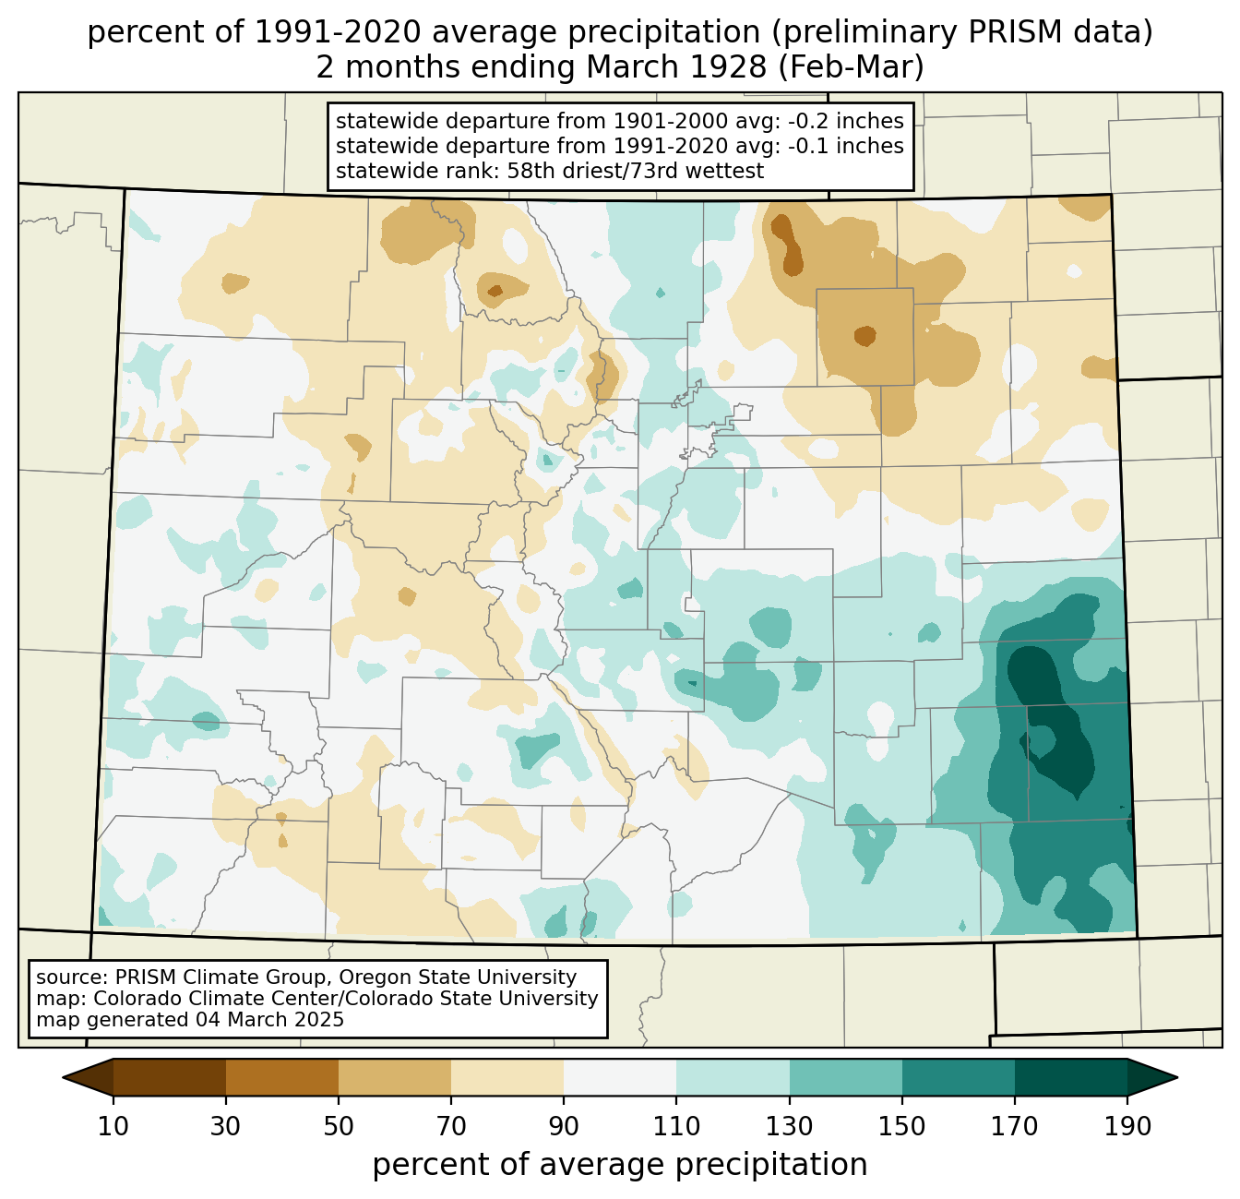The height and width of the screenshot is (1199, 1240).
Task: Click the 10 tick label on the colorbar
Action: point(113,1126)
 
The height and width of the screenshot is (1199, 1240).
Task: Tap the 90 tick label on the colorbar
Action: point(564,1126)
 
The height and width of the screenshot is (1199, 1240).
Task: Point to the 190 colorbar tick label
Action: point(1127,1126)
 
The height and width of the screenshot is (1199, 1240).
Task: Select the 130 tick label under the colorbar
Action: point(789,1126)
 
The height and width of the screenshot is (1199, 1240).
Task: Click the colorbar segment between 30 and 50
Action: point(281,1078)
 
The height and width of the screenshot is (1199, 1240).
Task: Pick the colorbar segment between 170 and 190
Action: point(1070,1078)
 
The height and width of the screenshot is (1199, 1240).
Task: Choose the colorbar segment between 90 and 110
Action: point(620,1078)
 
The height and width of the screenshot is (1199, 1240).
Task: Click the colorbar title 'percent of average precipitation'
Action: point(619,1165)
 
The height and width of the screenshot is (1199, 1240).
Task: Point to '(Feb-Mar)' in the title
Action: point(852,67)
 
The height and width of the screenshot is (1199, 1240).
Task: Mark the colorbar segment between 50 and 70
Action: point(395,1078)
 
